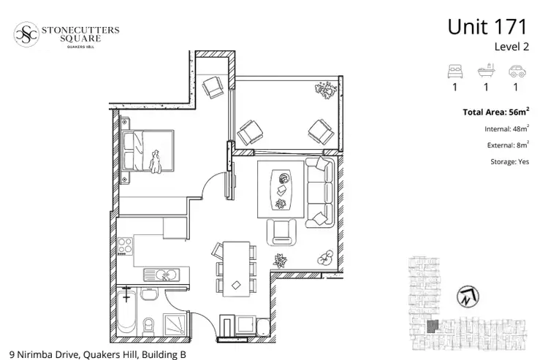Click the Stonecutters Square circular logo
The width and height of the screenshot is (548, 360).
(x=26, y=33)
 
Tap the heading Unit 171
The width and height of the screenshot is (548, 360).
(x=487, y=27)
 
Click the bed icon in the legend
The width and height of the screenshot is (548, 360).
(x=454, y=72)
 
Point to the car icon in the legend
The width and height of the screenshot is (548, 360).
(x=517, y=72)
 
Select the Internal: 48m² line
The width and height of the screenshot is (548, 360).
(x=506, y=129)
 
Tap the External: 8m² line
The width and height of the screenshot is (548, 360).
(x=508, y=145)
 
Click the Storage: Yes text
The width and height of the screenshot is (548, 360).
(x=509, y=161)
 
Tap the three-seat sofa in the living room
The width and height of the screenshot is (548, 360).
(x=319, y=191)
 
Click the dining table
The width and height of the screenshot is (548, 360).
(x=235, y=267)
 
